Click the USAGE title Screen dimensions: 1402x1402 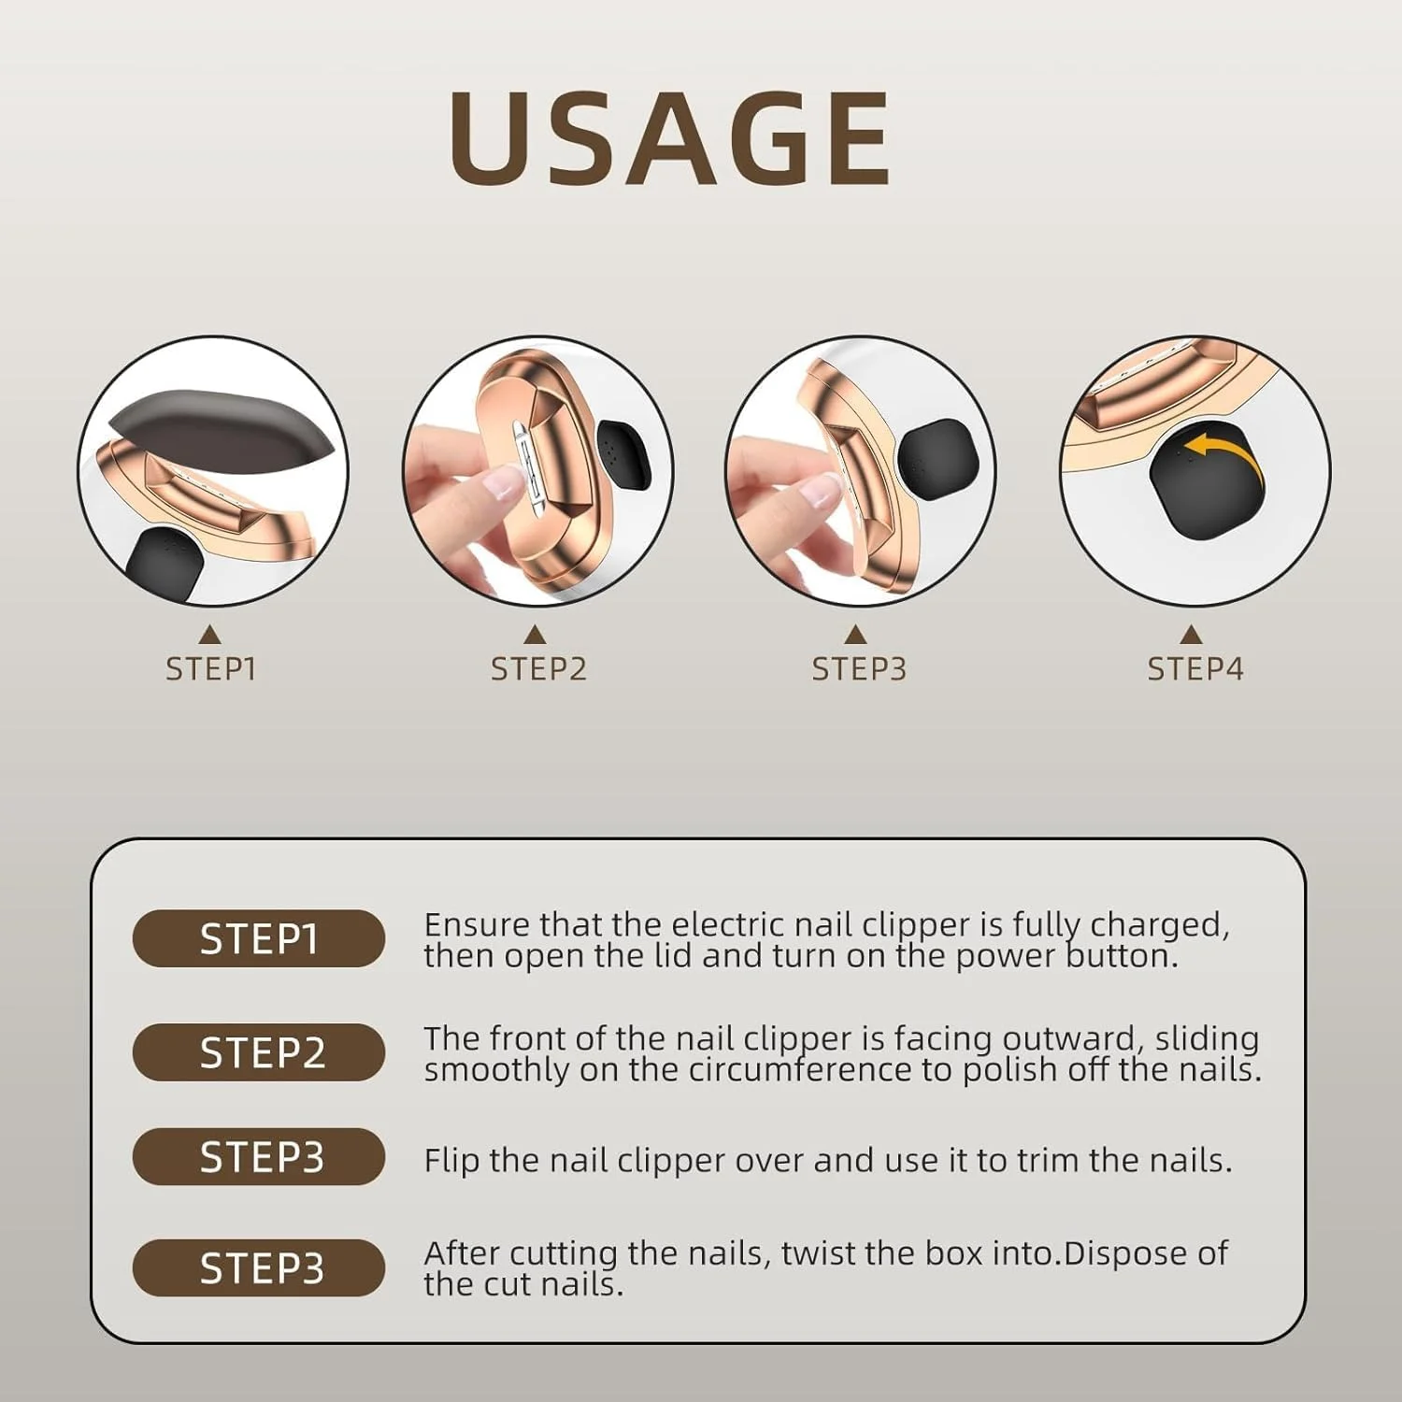[x=669, y=138]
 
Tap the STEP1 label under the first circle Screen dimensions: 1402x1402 [x=211, y=669]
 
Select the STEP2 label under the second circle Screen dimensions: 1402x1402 [x=538, y=669]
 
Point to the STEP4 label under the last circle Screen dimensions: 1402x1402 [x=1195, y=669]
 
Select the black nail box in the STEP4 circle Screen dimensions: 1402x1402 [x=1204, y=486]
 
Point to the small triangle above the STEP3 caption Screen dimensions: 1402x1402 [x=854, y=635]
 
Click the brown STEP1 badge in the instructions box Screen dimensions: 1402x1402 [x=259, y=938]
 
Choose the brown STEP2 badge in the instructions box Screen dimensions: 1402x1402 [x=259, y=1052]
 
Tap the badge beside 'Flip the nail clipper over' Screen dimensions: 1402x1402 [x=259, y=1157]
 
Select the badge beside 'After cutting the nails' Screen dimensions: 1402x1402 [x=259, y=1267]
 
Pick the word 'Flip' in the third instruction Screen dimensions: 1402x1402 [x=451, y=1161]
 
